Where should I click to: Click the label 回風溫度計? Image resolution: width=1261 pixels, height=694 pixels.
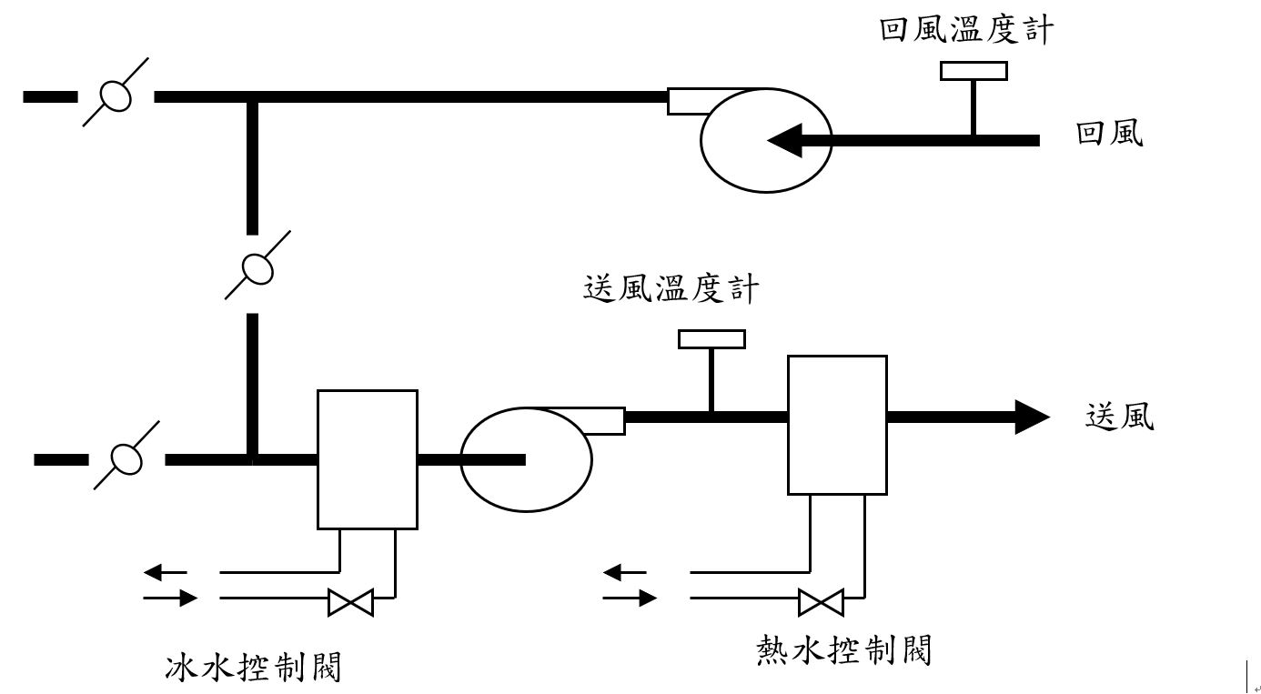(966, 30)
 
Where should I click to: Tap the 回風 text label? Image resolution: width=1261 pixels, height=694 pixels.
(1109, 134)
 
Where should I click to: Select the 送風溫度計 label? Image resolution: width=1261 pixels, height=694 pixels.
(670, 289)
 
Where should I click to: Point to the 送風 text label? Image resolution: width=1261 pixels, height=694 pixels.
(1119, 417)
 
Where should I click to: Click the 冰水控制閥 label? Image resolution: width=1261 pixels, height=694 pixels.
(253, 668)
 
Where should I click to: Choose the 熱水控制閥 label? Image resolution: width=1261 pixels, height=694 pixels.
(844, 651)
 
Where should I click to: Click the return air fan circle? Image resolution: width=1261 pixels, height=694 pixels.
(766, 140)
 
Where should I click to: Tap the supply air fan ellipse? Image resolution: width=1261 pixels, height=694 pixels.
(526, 459)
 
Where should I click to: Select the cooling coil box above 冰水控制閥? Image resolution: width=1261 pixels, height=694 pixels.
(368, 459)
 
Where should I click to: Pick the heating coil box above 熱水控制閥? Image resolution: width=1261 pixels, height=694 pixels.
(837, 425)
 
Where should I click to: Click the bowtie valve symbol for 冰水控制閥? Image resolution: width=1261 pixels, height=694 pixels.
(350, 602)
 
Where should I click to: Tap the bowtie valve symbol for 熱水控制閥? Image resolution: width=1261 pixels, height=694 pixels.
(821, 602)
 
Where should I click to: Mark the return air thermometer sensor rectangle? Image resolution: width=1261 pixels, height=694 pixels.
(973, 71)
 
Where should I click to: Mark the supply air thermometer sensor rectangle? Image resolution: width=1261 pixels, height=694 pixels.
(711, 339)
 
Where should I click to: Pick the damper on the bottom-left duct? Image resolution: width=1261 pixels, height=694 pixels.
(126, 458)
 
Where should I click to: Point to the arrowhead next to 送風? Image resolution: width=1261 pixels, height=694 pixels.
(1032, 417)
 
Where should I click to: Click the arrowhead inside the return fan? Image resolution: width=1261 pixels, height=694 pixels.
(785, 140)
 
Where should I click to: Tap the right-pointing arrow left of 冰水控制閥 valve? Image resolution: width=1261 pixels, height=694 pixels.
(172, 598)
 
